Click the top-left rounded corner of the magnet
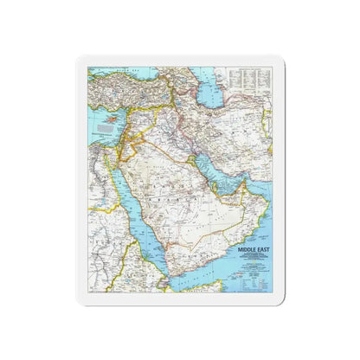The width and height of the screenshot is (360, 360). (x=80, y=61)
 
